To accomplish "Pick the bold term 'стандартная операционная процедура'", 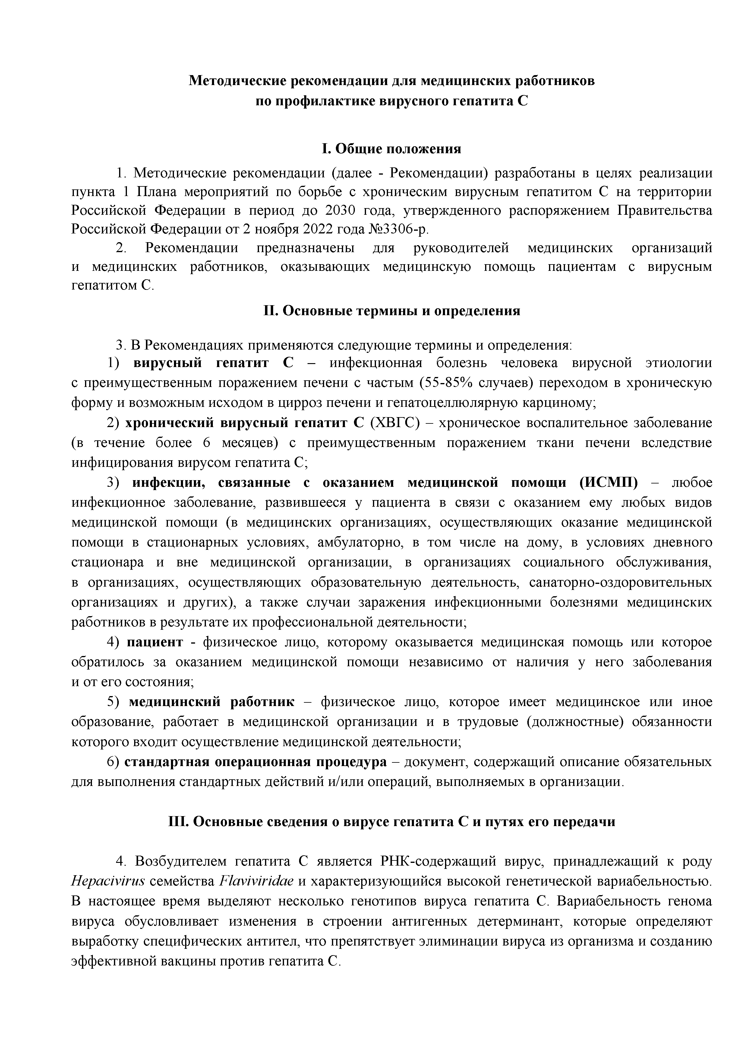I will [x=255, y=762].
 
